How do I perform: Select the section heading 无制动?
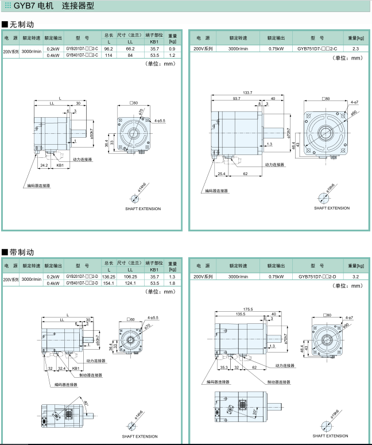[x=22, y=25]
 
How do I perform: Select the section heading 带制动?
[x=22, y=252]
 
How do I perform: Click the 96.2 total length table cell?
[x=108, y=49]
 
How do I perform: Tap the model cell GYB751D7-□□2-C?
[x=317, y=49]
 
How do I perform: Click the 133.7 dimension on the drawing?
[x=247, y=92]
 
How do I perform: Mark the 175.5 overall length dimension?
[x=247, y=309]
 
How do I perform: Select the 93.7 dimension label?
[x=237, y=99]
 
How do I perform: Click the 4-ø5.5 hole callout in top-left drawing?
[x=160, y=121]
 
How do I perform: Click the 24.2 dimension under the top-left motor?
[x=44, y=165]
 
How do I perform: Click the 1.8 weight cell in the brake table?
[x=172, y=283]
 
